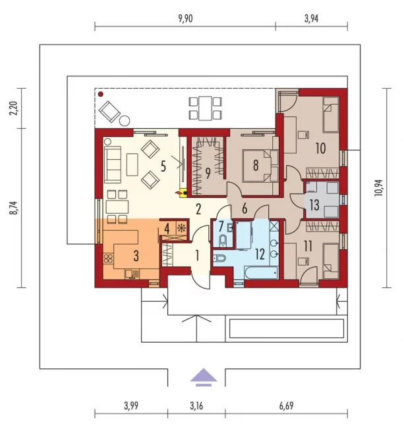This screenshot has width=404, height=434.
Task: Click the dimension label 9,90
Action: [185, 19]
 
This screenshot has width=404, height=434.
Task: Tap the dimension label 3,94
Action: [311, 19]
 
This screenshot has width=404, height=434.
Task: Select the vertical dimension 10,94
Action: [378, 188]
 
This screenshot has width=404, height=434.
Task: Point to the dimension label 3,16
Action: [196, 406]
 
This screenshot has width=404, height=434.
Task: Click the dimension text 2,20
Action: [13, 108]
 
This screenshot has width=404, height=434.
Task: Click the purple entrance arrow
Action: [204, 377]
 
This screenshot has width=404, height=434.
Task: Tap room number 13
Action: [314, 205]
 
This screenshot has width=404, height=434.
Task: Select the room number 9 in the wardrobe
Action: [208, 173]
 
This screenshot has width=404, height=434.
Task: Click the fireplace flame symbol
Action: [177, 193]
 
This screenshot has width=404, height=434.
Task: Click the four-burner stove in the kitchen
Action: [108, 258]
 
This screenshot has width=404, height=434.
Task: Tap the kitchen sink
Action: [132, 274]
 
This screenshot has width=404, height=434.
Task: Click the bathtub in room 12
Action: [262, 273]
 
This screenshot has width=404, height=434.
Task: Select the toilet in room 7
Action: [223, 240]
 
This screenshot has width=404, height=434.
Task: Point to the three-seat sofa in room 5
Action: [113, 164]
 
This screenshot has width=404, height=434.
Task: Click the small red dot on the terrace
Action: [101, 95]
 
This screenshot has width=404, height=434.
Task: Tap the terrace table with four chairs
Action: [205, 108]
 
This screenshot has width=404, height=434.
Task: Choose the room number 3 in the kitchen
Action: [136, 256]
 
